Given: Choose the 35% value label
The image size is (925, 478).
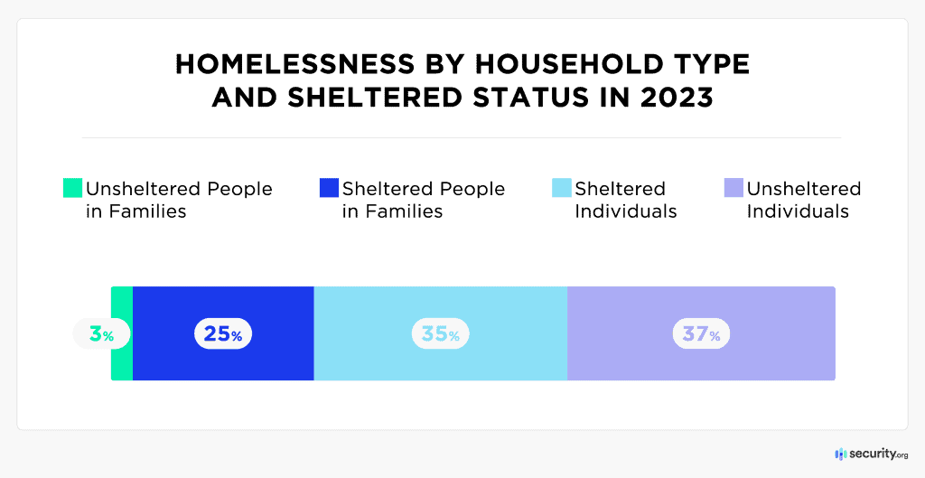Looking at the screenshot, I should (x=441, y=334).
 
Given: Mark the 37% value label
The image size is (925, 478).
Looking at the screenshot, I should (x=701, y=334).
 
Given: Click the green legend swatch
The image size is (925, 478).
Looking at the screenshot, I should (x=72, y=189).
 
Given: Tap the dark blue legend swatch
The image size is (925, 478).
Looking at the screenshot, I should (x=329, y=189).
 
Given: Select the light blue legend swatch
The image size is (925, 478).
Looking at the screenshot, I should (x=561, y=189).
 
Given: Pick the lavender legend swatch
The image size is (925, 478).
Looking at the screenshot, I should (x=733, y=189).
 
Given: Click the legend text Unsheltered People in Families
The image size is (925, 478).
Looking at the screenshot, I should (x=179, y=200).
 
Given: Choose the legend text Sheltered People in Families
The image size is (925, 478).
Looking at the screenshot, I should (x=423, y=200).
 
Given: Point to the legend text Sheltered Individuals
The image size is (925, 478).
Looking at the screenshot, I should (x=625, y=200).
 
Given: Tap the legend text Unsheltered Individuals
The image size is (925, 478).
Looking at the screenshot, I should (x=803, y=200).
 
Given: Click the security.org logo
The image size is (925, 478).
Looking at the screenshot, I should (x=871, y=454).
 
